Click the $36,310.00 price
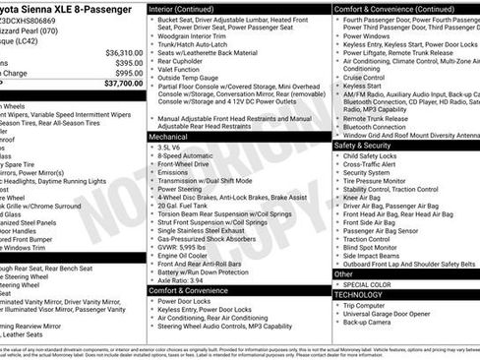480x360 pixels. coord(118,51)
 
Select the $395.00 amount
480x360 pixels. coord(124,62)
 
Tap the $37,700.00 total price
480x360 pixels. coord(116,85)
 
